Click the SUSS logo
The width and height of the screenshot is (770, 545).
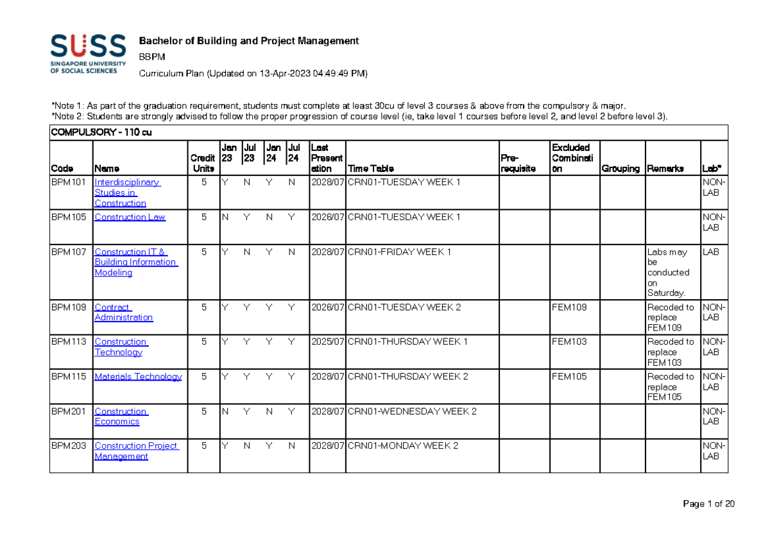[x=88, y=54]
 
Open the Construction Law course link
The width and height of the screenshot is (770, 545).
[x=130, y=217]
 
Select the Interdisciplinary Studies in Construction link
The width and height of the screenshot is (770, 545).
[x=126, y=193]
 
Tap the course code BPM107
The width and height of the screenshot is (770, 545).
[x=69, y=252]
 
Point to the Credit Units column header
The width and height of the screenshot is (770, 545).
[x=203, y=163]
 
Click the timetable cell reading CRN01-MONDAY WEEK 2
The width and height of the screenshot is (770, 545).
[x=403, y=446]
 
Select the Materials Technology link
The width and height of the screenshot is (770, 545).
[x=138, y=377]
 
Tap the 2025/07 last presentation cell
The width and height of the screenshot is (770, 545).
[x=327, y=342]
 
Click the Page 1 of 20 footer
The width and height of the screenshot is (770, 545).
[x=709, y=504]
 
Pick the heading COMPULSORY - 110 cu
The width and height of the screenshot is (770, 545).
[x=101, y=133]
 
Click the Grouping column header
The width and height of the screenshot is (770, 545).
[x=620, y=169]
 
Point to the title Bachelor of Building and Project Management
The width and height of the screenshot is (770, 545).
[x=249, y=41]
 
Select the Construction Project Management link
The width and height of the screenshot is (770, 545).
[x=136, y=451]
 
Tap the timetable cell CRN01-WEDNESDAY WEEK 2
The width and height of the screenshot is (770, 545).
[x=412, y=411]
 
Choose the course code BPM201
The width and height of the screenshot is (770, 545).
[x=69, y=411]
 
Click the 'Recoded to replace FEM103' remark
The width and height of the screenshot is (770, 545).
[x=671, y=352]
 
